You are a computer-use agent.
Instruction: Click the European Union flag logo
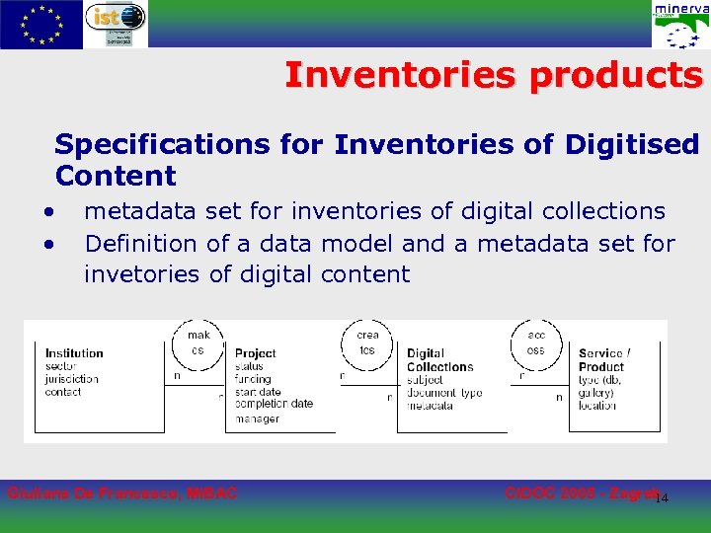pyautogui.click(x=40, y=25)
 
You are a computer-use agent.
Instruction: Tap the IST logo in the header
pyautogui.click(x=115, y=24)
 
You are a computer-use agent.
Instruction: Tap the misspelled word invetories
pyautogui.click(x=142, y=274)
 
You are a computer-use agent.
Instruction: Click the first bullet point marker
pyautogui.click(x=46, y=211)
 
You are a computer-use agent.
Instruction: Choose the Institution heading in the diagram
pyautogui.click(x=74, y=353)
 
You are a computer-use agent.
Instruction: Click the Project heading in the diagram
pyautogui.click(x=256, y=353)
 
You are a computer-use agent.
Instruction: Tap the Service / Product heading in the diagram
pyautogui.click(x=603, y=360)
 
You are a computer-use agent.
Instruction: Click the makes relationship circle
pyautogui.click(x=198, y=342)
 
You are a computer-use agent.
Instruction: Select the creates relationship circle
pyautogui.click(x=367, y=342)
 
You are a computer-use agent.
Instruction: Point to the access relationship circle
pyautogui.click(x=535, y=342)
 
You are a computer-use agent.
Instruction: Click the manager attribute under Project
pyautogui.click(x=257, y=419)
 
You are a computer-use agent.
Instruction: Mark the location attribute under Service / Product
pyautogui.click(x=597, y=406)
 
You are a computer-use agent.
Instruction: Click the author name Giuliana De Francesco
pyautogui.click(x=121, y=493)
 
